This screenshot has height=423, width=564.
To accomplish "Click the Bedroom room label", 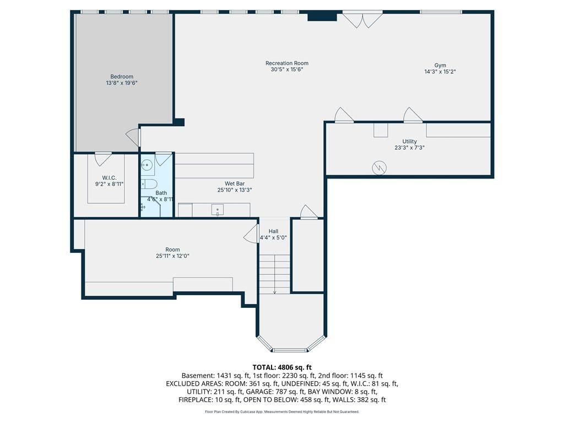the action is point(122,77).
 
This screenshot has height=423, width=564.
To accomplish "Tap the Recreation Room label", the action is point(287,63).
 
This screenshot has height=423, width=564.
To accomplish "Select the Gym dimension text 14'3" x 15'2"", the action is point(440,72).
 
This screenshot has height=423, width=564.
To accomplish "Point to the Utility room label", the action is point(410,142).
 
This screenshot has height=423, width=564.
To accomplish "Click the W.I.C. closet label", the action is point(110,178).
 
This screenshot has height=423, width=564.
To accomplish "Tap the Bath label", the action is point(161,193).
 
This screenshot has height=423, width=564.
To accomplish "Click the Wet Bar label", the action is point(235,184).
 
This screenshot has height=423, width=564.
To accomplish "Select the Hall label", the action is point(273,231).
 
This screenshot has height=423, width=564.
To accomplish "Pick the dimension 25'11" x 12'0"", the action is point(172,256).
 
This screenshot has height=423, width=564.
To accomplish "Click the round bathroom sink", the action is point(147,165).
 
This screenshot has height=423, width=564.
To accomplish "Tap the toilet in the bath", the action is point(148,184).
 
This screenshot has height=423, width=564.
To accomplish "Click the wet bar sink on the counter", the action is point(218,210).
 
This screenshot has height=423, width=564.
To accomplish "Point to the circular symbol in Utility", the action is point(379,167).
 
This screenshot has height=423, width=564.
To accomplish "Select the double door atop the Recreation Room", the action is point(362,20).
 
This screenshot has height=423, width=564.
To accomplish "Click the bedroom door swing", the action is point(133,137).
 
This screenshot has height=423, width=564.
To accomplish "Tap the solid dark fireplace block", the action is point(322,17).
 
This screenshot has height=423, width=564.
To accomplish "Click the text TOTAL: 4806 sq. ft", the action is point(282,367).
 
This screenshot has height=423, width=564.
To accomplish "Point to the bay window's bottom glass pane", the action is point(290,350).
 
